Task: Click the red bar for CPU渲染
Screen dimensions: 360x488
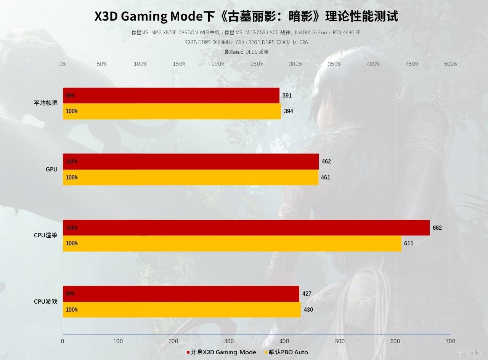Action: point(246,228)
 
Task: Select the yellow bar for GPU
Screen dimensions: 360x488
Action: point(190,178)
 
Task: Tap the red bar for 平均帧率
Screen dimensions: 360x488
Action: point(171,96)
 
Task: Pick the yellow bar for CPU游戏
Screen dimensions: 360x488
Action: point(181,310)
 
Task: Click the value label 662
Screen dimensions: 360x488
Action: point(437,228)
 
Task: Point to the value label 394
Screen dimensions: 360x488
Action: point(289,111)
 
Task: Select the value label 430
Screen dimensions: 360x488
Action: point(308,310)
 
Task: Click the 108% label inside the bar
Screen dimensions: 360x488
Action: point(72,228)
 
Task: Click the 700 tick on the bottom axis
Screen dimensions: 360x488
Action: point(450,341)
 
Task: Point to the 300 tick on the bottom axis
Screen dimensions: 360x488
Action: point(229,341)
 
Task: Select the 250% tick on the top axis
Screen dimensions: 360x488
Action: point(257,64)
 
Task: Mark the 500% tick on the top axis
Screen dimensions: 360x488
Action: point(450,64)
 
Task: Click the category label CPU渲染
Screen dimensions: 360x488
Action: point(46,235)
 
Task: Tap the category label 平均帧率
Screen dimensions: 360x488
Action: point(46,103)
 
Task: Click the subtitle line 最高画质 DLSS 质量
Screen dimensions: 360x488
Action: point(246,52)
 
